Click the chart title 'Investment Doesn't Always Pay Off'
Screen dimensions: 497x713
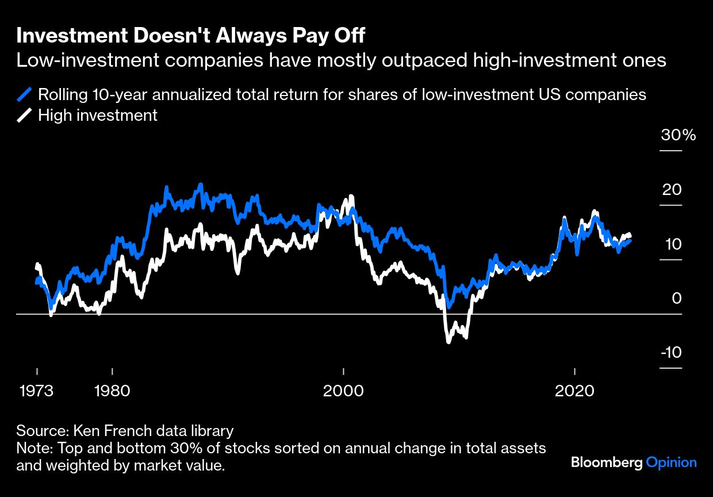(190, 36)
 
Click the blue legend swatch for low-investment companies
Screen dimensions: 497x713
(25, 94)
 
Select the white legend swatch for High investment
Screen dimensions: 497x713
(25, 115)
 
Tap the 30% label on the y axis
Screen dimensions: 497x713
(678, 136)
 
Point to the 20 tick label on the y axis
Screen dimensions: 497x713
(672, 190)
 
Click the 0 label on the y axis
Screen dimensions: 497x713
(676, 299)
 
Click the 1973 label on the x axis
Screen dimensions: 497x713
(36, 391)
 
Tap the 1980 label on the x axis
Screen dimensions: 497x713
(112, 391)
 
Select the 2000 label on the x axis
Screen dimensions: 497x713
(343, 391)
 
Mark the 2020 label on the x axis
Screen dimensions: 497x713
(574, 391)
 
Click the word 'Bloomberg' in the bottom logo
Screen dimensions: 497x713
(607, 462)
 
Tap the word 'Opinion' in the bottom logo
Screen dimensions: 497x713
(671, 462)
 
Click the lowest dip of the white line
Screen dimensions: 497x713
(448, 342)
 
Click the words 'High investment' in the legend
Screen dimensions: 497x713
(98, 115)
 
